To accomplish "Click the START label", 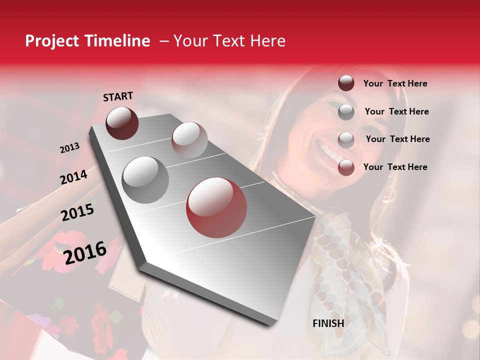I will pos(118,96).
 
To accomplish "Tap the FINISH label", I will pos(328,323).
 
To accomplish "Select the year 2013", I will pos(69,148).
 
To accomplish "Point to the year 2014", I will pos(73,177).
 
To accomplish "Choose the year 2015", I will pos(77,212).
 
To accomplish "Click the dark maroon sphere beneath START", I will pos(122,123).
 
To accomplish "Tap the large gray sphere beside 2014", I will pos(145,179).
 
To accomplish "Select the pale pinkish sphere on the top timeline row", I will pos(189,139).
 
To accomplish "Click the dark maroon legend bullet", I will pos(346,83).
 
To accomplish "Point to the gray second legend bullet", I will pos(346,111).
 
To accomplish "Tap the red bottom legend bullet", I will pos(346,167).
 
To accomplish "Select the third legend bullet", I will pos(346,139).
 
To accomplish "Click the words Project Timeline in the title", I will pos(87,41).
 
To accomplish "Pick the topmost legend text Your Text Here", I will pos(395,83).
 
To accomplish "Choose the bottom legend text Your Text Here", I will pos(395,167).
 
